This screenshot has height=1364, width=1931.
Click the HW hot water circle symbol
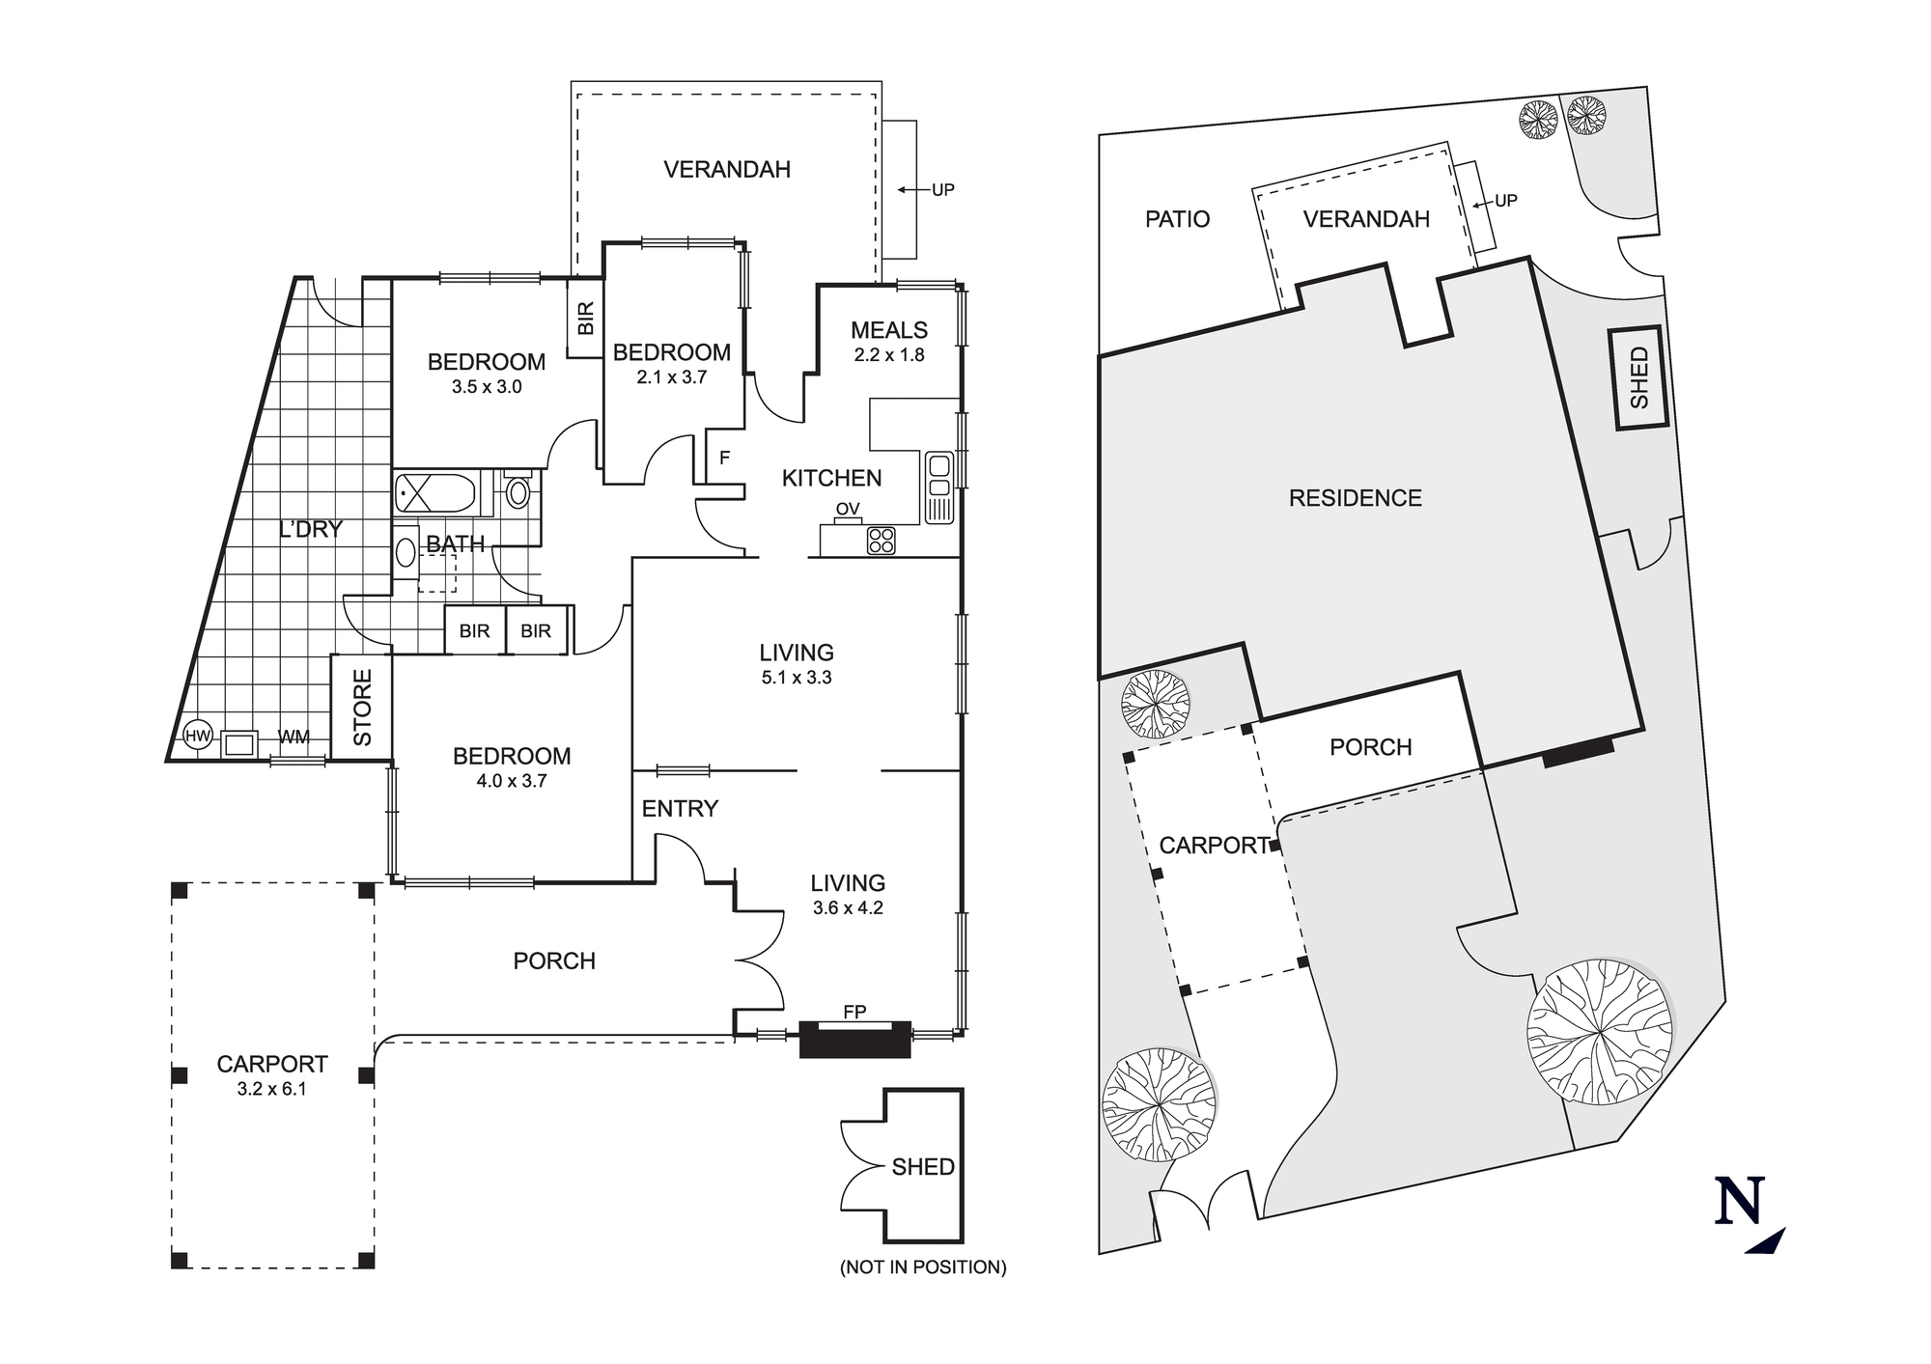[x=197, y=737]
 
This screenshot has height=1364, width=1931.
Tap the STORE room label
[x=362, y=708]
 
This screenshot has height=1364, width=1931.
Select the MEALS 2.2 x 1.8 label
[x=888, y=342]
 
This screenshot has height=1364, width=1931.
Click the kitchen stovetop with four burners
[x=881, y=540]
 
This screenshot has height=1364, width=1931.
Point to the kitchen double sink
[x=938, y=487]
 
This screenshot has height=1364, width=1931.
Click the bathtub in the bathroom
[x=435, y=494]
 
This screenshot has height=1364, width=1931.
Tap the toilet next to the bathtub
[x=518, y=492]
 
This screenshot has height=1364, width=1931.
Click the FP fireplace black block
[x=854, y=1040]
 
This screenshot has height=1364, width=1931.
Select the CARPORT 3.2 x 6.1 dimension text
[x=271, y=1089]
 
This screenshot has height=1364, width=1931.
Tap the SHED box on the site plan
[x=1638, y=377]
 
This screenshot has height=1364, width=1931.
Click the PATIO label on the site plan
[x=1177, y=219]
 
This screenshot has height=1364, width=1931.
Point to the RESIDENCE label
[x=1355, y=498]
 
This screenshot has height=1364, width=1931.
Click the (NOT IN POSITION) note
[x=923, y=1267]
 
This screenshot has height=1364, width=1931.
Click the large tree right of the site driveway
[x=1599, y=1032]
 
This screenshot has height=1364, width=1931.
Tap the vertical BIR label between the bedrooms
[x=585, y=319]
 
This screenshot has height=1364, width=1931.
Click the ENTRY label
[x=680, y=808]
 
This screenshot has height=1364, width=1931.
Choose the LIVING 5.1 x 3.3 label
[x=796, y=664]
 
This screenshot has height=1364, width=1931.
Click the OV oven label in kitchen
[x=848, y=509]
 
